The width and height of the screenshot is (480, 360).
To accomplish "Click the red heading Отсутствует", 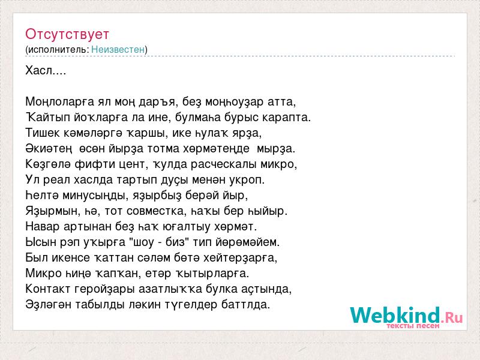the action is (x=67, y=34).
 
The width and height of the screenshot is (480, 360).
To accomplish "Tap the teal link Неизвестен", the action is (x=118, y=49).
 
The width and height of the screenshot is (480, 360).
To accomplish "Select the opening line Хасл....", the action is (x=46, y=70).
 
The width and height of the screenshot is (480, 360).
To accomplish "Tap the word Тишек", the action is (x=43, y=133).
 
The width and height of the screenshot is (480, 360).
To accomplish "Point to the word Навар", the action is (x=43, y=227).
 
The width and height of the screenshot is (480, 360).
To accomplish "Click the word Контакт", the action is (x=49, y=289).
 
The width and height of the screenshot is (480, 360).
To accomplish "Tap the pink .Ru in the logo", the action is (x=452, y=317).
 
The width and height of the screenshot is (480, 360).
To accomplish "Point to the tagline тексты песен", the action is (x=413, y=326).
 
